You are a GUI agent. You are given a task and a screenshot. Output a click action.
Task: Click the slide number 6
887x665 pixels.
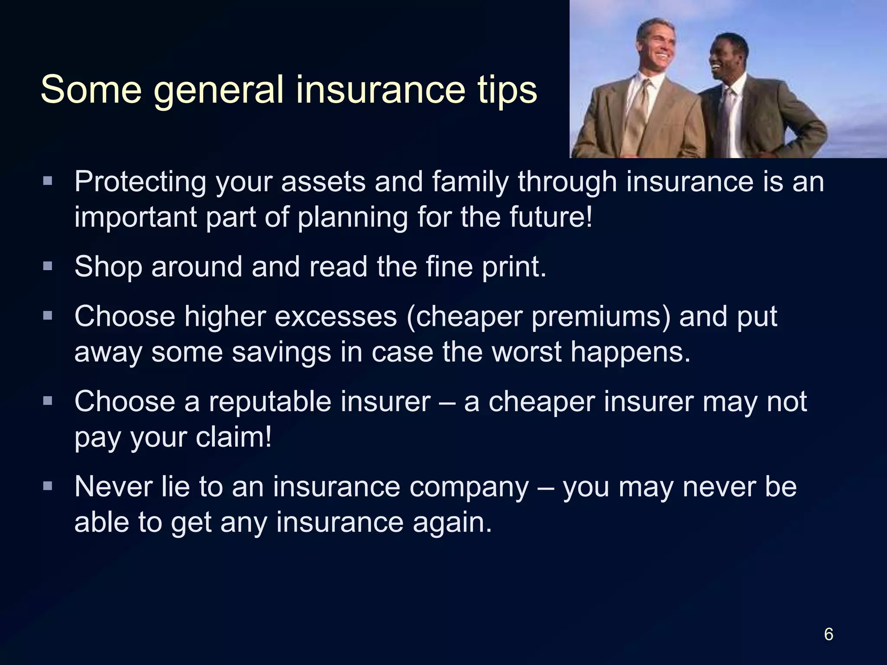pyautogui.click(x=828, y=634)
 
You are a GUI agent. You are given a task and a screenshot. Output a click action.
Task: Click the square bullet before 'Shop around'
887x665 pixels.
pyautogui.click(x=48, y=265)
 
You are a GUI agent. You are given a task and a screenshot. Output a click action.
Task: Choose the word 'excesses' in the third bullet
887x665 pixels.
pyautogui.click(x=336, y=316)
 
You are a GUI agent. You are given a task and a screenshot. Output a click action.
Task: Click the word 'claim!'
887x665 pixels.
pyautogui.click(x=234, y=437)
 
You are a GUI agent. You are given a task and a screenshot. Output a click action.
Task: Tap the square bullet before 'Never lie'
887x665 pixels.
pyautogui.click(x=48, y=486)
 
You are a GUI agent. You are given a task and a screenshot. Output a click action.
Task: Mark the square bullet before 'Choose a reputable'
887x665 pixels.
pyautogui.click(x=48, y=401)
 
